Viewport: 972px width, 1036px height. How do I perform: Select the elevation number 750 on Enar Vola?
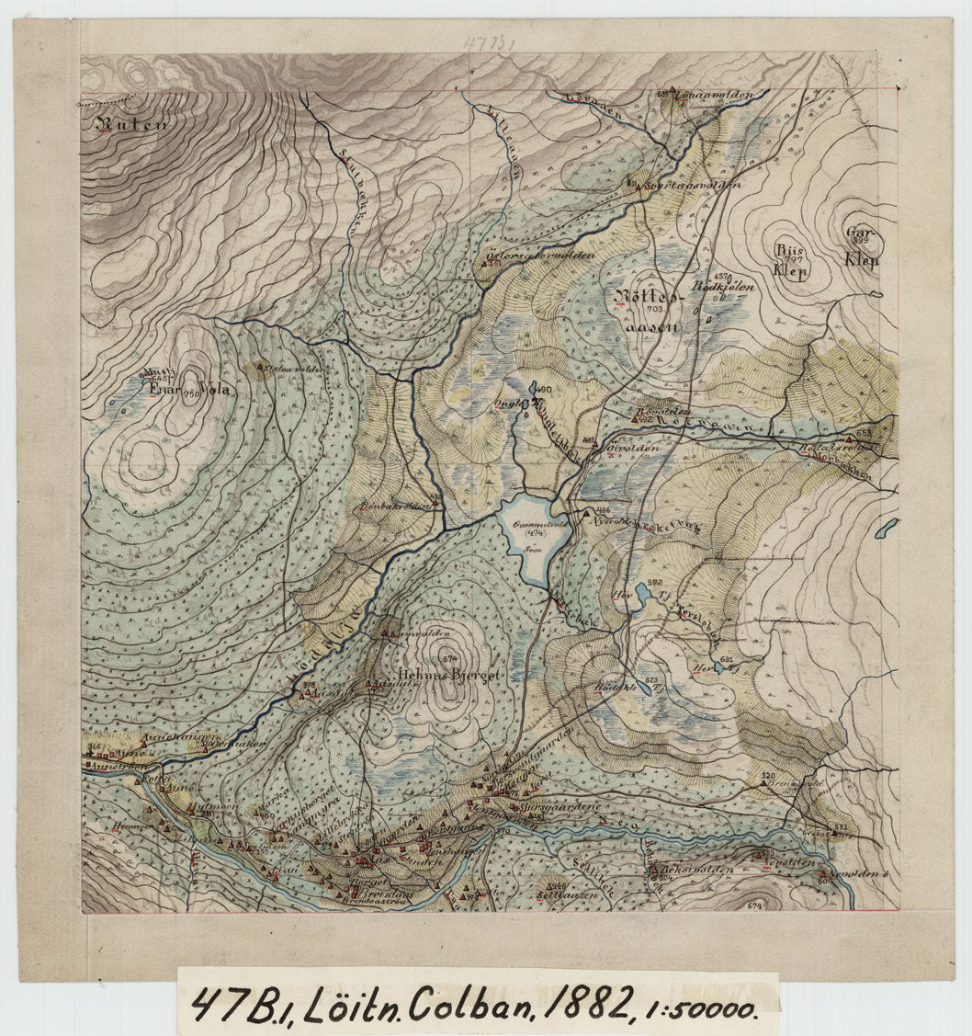point(191,394)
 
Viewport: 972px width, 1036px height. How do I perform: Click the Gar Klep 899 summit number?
point(860,241)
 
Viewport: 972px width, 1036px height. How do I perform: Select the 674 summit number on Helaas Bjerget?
point(448,658)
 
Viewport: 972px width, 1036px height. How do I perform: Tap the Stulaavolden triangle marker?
point(260,369)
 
